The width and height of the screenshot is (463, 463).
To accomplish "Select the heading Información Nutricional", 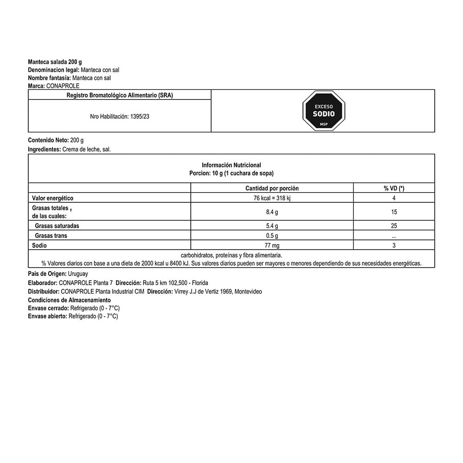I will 231,165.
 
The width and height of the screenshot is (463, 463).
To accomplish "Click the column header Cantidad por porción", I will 272,188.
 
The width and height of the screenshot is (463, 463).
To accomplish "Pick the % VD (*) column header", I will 394,188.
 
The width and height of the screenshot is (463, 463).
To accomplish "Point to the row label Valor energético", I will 53,198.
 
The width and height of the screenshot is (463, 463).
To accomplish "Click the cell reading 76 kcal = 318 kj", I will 272,198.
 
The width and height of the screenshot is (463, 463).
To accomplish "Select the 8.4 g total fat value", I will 272,212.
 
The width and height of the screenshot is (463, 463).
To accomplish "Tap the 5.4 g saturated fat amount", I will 272,226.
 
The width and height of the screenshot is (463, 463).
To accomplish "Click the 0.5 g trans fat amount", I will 272,236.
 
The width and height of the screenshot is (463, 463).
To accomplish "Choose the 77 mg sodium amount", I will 272,245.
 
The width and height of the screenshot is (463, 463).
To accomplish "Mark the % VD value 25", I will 394,226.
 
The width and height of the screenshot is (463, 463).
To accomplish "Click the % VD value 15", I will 394,212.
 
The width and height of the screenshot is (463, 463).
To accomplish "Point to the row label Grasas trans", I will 51,236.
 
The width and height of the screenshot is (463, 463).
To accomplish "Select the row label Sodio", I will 40,245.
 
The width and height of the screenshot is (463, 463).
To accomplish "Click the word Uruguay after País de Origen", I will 78,274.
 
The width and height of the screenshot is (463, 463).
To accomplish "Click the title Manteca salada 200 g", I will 55,62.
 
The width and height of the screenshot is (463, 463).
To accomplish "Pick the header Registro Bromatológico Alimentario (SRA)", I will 120,95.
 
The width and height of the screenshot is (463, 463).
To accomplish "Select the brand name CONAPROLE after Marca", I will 63,86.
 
